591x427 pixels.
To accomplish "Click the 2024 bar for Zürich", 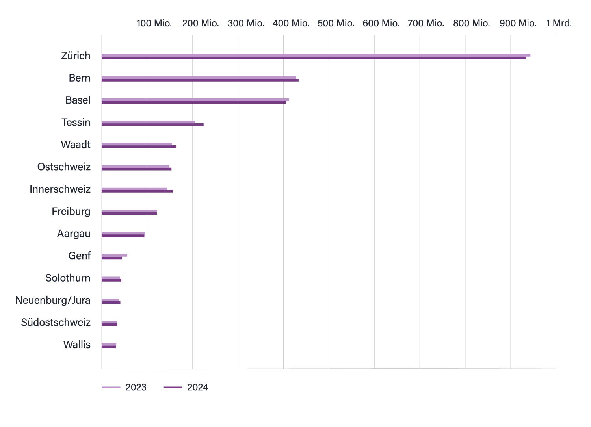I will coord(314,58).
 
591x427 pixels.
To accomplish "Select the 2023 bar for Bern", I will coord(199,78).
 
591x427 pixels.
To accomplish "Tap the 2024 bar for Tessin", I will coord(152,124).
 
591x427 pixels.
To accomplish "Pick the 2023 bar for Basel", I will coord(195,100).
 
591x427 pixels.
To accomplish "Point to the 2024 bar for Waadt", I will coord(139,147).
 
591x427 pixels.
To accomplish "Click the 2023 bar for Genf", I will coord(114,256).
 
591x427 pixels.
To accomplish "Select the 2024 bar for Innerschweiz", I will coord(137,191).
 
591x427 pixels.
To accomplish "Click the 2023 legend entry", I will coord(124,388).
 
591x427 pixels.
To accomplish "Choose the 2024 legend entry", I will coord(186,388).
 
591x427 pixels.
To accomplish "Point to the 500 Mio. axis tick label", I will coord(336,23).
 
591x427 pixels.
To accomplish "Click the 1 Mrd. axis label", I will coord(559,23).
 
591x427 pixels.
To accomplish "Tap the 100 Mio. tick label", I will coord(154,23).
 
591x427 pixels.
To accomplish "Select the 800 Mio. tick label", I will coord(471,23).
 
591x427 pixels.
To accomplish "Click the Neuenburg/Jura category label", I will coord(53,300).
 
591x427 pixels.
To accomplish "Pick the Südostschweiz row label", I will coord(56,323).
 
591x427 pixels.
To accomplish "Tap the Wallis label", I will coord(77,345).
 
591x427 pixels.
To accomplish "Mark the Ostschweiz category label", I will coord(64,167).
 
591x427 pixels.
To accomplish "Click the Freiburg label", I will coord(71,212).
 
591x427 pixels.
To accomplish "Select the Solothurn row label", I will coord(68,278).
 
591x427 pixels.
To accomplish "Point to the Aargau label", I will coord(74,234).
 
